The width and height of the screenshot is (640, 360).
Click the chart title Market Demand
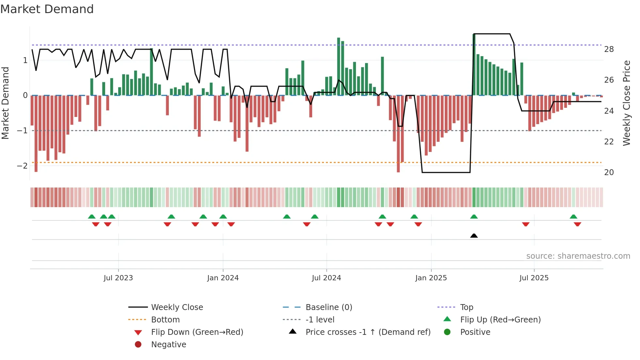[47, 9]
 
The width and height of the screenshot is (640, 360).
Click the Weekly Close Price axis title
[626, 103]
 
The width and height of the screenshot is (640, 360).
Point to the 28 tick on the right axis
[609, 49]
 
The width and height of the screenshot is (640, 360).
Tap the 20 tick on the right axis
[609, 172]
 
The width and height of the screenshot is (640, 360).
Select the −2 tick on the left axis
[22, 166]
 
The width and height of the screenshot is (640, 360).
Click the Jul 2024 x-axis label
[326, 278]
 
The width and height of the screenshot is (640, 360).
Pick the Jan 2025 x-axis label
[431, 278]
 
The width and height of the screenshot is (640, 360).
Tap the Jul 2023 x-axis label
[118, 278]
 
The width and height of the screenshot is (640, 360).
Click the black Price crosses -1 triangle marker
[474, 236]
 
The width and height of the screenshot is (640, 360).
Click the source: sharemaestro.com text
[578, 256]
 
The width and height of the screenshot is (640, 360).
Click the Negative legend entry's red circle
[138, 345]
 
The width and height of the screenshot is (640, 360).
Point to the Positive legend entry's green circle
[447, 332]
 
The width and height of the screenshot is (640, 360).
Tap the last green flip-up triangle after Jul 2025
[573, 217]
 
